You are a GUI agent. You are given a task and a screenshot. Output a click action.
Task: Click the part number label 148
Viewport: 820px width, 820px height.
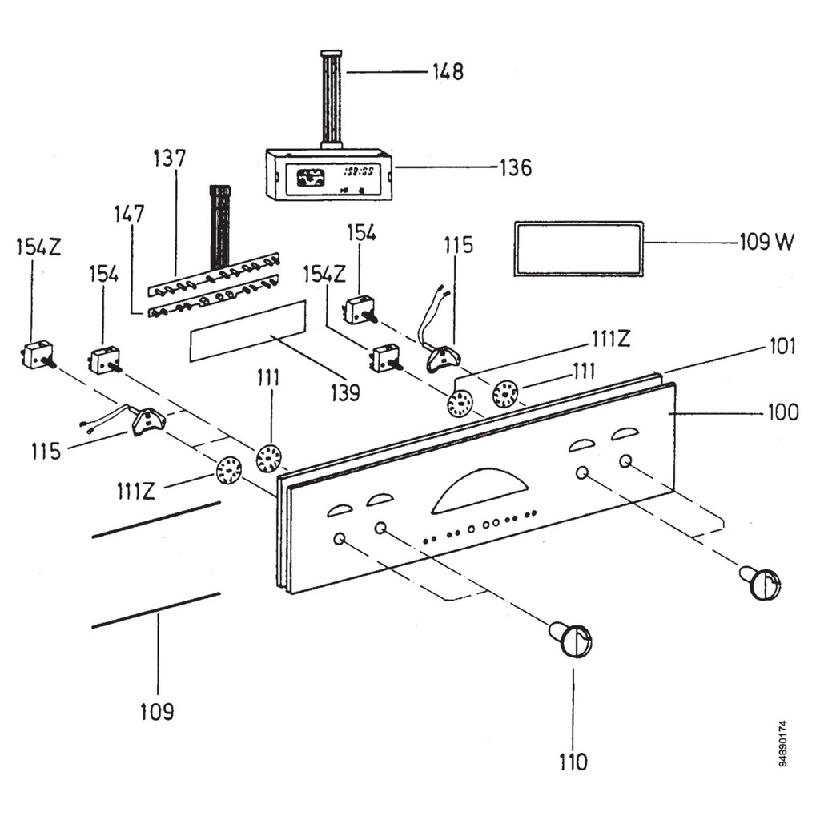click(448, 71)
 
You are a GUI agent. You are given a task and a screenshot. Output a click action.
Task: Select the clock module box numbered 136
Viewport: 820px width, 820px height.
click(328, 174)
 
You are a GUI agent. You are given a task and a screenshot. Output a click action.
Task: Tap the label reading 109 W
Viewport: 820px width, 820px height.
click(766, 241)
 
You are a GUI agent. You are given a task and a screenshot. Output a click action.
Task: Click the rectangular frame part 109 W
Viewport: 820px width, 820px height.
click(578, 249)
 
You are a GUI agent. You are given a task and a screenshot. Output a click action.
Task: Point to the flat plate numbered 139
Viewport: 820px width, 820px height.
click(247, 332)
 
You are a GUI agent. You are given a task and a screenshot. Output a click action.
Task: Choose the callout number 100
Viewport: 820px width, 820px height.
click(782, 412)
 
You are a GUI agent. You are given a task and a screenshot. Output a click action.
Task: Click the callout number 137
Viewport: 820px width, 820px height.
click(169, 159)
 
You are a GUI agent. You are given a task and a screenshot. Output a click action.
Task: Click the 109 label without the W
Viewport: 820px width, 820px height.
click(157, 711)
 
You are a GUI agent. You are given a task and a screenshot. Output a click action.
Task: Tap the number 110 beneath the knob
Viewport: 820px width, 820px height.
click(573, 762)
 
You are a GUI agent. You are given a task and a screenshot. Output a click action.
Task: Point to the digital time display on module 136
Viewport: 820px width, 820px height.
click(361, 171)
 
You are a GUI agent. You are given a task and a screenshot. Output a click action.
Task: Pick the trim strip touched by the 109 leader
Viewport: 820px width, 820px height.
click(155, 610)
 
